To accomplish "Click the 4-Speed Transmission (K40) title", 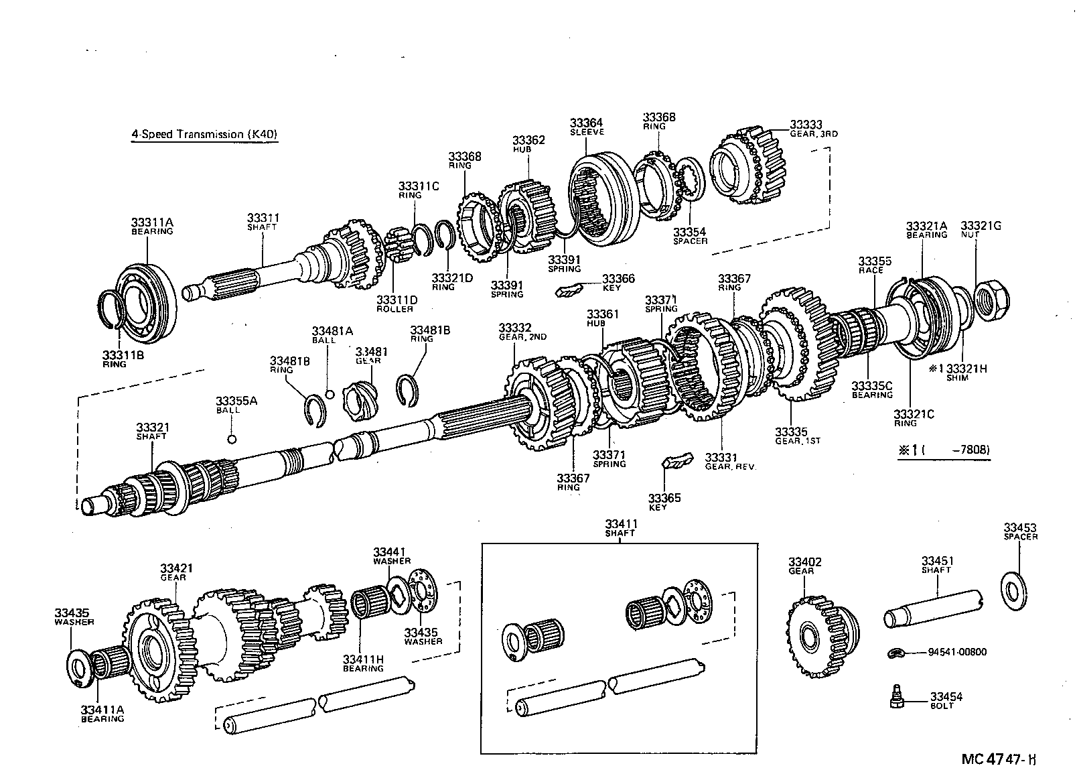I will coord(204,134).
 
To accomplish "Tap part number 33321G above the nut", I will coord(981,226).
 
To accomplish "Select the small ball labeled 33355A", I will coord(231,440).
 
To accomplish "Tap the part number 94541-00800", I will coord(957,652).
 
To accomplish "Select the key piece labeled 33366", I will coord(569,289).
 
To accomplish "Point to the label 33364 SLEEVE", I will coord(587,127).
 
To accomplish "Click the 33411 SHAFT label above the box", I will coord(620,527).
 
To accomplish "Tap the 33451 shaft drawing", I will coord(934,610).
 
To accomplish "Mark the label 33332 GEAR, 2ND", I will coord(522,331).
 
